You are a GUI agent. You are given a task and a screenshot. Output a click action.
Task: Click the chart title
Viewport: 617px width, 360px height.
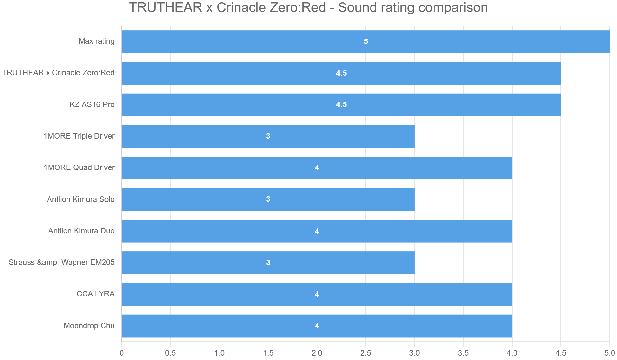coord(308,8)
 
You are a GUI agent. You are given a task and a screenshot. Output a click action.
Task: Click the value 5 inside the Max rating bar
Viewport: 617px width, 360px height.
coord(366,41)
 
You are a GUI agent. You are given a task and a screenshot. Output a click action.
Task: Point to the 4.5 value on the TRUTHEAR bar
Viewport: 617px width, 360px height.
coord(341,73)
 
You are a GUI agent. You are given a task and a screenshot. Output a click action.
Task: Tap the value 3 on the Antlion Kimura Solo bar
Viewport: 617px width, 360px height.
coord(268,199)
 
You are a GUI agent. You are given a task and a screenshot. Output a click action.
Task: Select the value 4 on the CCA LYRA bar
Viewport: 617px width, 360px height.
coord(317,294)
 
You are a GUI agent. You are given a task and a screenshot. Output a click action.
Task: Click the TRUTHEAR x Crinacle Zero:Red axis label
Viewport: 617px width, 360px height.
coord(58,73)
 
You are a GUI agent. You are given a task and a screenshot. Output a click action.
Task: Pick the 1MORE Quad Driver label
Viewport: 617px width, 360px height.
coord(79,167)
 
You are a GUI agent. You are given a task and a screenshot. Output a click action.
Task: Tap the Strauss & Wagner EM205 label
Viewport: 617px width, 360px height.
coord(61,262)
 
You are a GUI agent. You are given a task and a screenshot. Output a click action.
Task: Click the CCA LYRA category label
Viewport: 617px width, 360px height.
coord(95,294)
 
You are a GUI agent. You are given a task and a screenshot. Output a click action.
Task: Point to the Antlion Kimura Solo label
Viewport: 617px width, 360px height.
coord(81,199)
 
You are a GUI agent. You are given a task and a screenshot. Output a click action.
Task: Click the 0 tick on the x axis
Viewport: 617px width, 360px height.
coord(121,353)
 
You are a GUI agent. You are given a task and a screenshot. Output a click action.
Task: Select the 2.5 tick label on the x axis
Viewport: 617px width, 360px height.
coord(366,353)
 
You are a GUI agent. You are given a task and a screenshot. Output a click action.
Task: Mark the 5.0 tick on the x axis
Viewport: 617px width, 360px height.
coord(609,353)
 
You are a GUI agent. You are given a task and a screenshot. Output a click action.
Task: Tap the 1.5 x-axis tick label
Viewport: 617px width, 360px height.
coord(268,353)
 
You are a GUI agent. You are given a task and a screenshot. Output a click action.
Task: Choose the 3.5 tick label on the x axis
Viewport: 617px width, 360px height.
coord(463,353)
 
